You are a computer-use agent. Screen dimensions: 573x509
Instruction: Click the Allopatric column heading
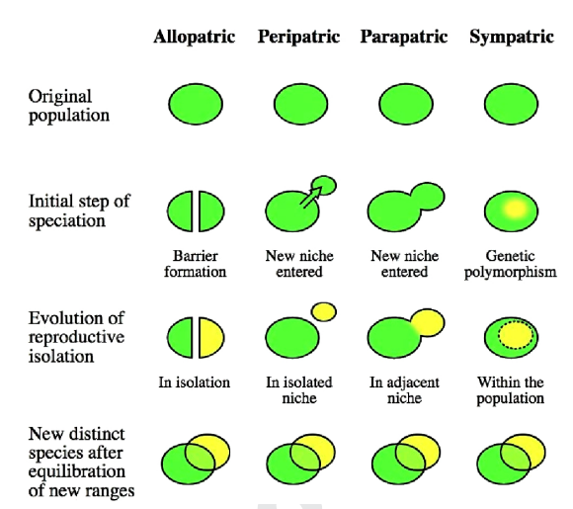[194, 37]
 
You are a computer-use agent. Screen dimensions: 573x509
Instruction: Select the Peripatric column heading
[299, 37]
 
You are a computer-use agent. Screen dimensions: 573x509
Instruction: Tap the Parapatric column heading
[404, 37]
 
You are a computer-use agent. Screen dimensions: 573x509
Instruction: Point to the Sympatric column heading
[512, 37]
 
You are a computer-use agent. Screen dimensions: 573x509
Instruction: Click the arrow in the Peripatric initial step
[312, 197]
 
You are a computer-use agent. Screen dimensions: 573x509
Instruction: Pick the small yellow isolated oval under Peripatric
[324, 312]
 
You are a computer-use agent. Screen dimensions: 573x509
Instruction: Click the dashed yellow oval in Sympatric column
[517, 335]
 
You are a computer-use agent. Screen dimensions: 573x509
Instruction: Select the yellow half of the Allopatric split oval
[211, 337]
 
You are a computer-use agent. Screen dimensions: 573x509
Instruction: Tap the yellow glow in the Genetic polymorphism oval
[516, 210]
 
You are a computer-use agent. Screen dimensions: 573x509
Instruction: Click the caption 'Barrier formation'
[196, 264]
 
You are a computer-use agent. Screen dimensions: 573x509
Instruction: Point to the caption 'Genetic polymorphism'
[510, 264]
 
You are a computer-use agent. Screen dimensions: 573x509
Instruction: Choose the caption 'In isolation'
[194, 382]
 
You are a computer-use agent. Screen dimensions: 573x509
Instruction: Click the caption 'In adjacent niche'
[404, 390]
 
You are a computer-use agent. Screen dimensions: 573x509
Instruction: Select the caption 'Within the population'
[510, 390]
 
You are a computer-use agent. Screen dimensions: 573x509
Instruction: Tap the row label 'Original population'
[69, 107]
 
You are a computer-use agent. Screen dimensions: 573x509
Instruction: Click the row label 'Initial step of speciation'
[79, 211]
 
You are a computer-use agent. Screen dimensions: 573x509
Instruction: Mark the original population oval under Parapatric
[406, 104]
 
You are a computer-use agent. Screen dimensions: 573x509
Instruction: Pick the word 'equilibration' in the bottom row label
[77, 471]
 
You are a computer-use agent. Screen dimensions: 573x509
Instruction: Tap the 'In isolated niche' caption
[299, 390]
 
